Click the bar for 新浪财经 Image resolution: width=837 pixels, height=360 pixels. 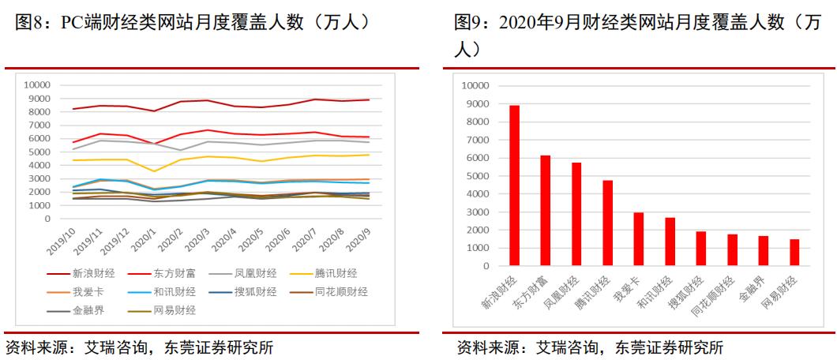click(514, 186)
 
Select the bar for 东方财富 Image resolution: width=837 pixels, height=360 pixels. click(546, 211)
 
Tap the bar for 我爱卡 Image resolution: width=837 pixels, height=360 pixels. click(639, 239)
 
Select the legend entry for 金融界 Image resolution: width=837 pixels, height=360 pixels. click(88, 310)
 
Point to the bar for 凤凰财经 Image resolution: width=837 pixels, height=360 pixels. click(576, 214)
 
